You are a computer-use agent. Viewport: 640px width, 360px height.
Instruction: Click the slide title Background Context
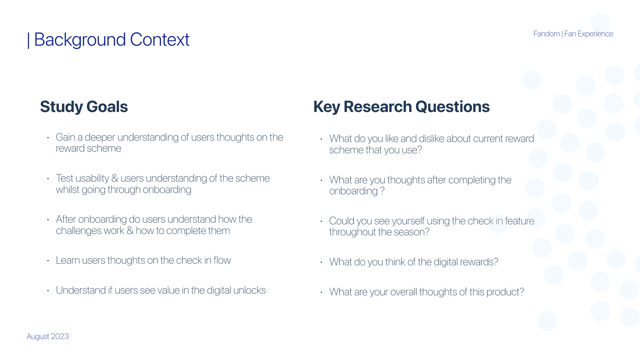tap(112, 40)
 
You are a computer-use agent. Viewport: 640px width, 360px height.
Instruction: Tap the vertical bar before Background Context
tap(28, 40)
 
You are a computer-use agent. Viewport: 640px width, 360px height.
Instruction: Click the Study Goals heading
tap(84, 107)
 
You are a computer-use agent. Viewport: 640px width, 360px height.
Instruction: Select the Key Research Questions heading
tap(401, 107)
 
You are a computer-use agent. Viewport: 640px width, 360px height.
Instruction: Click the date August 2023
tap(48, 336)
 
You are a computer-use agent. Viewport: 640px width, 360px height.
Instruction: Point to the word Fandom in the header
tap(546, 34)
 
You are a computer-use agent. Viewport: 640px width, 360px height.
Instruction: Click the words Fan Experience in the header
tap(588, 34)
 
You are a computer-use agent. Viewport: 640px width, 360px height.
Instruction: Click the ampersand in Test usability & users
tap(115, 178)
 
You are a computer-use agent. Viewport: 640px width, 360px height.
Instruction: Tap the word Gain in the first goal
tap(65, 137)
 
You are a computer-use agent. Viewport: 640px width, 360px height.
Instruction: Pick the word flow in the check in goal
tap(222, 260)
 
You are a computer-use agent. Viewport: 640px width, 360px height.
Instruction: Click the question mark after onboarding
tap(382, 191)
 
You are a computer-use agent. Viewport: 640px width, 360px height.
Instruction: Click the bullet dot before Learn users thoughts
tap(48, 261)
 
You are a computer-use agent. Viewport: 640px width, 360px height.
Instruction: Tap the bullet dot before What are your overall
tap(321, 292)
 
